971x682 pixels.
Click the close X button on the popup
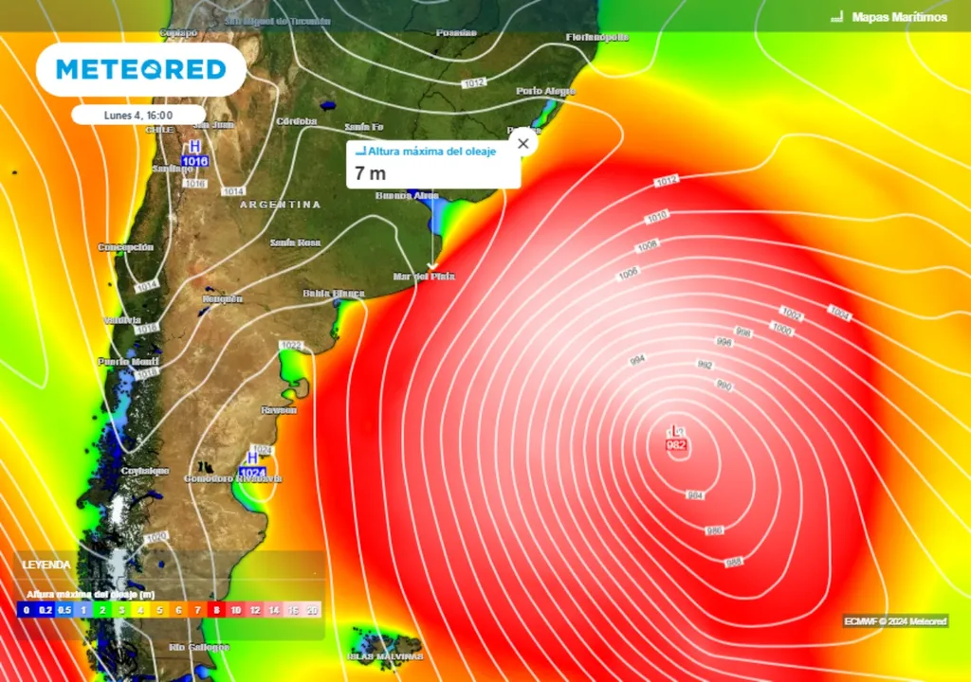522,144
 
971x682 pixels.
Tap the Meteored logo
141,69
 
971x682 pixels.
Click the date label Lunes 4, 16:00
138,115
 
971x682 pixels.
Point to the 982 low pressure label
677,445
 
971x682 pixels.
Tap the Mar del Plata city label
424,277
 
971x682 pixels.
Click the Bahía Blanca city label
334,294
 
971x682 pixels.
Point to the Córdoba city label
296,121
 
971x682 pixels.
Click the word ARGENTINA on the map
280,205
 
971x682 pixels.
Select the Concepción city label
125,247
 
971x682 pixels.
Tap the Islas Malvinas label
384,656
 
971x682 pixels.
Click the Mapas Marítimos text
899,17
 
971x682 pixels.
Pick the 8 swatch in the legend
216,610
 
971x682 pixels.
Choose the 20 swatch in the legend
313,610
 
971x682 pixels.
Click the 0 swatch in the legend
26,610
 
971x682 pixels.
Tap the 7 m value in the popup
371,173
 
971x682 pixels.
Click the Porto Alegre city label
545,91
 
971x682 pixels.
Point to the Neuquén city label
222,298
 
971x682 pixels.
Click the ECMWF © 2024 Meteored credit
894,621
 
